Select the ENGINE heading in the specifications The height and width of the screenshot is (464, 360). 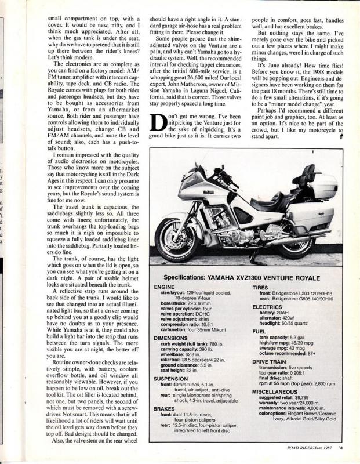(x=165, y=287)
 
